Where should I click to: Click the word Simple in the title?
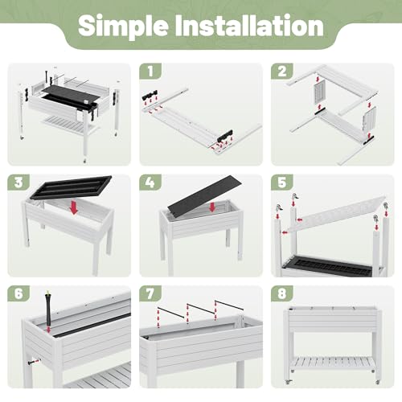tap(124, 27)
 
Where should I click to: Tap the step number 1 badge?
tap(150, 71)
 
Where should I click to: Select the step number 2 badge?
tap(282, 71)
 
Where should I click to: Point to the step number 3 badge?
tap(18, 183)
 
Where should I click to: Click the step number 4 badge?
tap(150, 183)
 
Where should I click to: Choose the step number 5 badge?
tap(282, 183)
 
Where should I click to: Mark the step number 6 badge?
tap(18, 293)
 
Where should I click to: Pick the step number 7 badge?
tap(150, 293)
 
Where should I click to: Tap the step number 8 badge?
tap(282, 293)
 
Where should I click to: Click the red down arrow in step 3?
tap(74, 207)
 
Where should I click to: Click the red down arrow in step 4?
tap(212, 207)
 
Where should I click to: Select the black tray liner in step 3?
tap(71, 187)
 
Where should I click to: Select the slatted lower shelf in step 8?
tap(333, 363)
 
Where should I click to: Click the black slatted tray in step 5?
tap(328, 266)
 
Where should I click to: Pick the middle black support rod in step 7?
tap(201, 308)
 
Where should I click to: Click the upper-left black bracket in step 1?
tap(150, 95)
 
